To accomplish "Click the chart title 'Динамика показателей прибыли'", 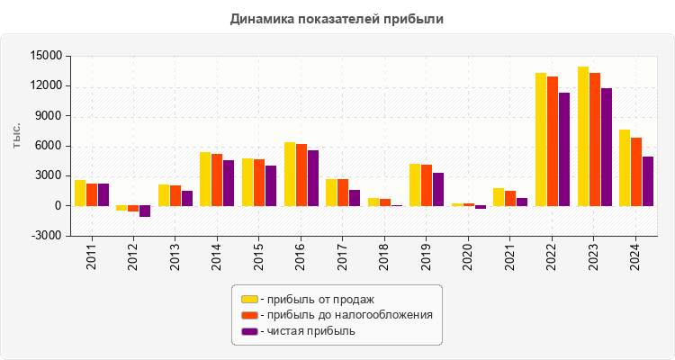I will pyautogui.click(x=337, y=18).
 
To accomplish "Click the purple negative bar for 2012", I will pyautogui.click(x=145, y=211).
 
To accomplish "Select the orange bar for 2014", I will pyautogui.click(x=217, y=180).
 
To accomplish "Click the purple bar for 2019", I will pyautogui.click(x=438, y=189).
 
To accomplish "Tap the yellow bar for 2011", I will pyautogui.click(x=80, y=193).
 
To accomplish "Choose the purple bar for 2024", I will pyautogui.click(x=648, y=181).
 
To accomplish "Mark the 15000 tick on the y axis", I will pyautogui.click(x=44, y=56).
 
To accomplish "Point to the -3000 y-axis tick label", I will pyautogui.click(x=44, y=236).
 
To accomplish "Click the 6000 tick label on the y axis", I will pyautogui.click(x=48, y=146).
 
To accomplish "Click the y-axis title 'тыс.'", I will pyautogui.click(x=17, y=135).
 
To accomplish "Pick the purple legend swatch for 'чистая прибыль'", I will pyautogui.click(x=249, y=331).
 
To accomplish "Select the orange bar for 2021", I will pyautogui.click(x=510, y=198).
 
